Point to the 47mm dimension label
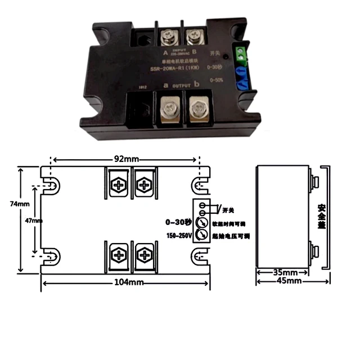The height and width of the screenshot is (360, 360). tap(34, 220)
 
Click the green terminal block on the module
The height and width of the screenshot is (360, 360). tap(242, 55)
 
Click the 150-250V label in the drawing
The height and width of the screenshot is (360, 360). tap(179, 235)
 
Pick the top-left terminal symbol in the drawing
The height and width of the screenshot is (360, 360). tap(118, 184)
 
